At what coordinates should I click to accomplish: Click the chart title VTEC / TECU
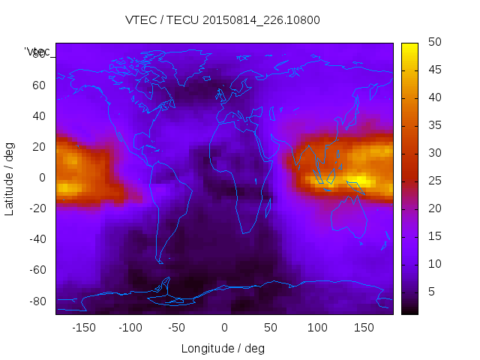223,20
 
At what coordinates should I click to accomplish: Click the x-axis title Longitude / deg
223,348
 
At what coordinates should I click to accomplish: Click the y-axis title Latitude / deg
10,178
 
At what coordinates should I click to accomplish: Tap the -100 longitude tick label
130,328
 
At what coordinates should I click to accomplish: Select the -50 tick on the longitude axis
177,328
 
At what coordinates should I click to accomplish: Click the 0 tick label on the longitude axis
224,328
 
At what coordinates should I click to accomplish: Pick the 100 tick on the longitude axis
317,328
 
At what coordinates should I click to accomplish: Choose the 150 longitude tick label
364,328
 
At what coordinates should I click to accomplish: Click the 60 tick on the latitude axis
39,85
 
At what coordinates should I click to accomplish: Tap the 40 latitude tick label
39,116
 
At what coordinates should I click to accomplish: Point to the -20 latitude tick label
37,208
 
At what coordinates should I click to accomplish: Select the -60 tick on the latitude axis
37,270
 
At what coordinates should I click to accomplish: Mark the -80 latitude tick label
37,301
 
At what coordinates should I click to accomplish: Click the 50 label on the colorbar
434,43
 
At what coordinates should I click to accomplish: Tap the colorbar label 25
434,181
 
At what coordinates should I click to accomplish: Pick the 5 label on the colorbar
431,291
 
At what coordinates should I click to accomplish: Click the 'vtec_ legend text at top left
37,52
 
